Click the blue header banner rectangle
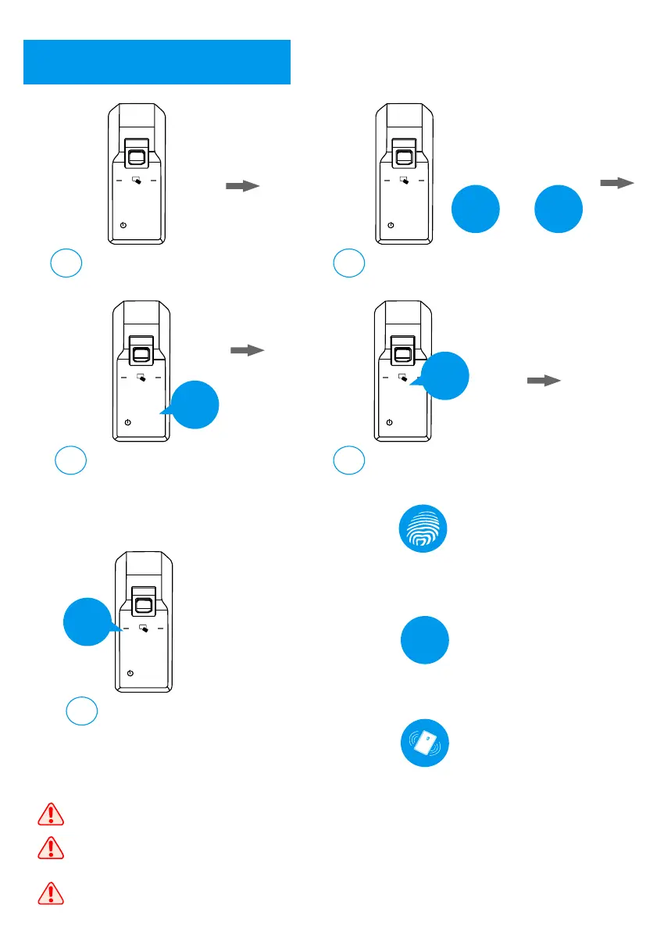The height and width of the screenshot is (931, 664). pyautogui.click(x=157, y=62)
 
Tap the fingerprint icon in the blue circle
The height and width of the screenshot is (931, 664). pyautogui.click(x=425, y=529)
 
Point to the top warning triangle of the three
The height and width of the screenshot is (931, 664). pyautogui.click(x=49, y=815)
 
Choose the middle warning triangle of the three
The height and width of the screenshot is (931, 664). pyautogui.click(x=49, y=847)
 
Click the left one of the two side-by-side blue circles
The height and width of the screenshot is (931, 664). pyautogui.click(x=476, y=209)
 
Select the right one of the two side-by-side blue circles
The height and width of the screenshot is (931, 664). pyautogui.click(x=558, y=209)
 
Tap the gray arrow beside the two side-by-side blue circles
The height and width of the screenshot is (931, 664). pyautogui.click(x=616, y=183)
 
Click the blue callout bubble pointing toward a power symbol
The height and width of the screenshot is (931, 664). pyautogui.click(x=195, y=405)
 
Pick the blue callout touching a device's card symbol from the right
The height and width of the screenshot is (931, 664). pyautogui.click(x=444, y=377)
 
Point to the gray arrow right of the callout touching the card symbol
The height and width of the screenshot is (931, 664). pyautogui.click(x=544, y=381)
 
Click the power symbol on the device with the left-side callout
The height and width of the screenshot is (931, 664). pyautogui.click(x=130, y=674)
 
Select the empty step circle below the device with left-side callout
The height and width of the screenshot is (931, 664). pyautogui.click(x=81, y=710)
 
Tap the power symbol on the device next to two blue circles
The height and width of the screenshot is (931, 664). pyautogui.click(x=391, y=226)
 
